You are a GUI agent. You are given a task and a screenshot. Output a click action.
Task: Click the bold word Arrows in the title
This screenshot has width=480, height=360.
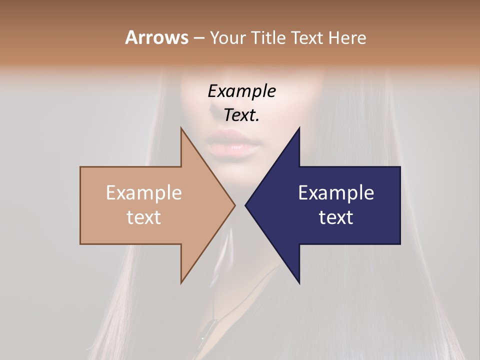click(156, 37)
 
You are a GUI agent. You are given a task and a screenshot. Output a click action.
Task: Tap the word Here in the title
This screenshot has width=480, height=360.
click(347, 37)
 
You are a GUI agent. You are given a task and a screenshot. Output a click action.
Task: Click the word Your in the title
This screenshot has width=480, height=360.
click(226, 38)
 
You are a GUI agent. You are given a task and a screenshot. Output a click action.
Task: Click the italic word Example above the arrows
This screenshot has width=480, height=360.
click(241, 91)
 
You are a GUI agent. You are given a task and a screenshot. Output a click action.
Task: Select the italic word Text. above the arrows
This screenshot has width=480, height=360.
click(241, 115)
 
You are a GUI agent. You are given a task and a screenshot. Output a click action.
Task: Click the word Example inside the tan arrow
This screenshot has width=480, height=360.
click(144, 192)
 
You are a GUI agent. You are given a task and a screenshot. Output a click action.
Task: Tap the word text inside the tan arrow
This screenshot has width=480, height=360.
click(144, 217)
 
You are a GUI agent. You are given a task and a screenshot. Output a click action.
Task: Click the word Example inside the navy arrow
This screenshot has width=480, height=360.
click(336, 192)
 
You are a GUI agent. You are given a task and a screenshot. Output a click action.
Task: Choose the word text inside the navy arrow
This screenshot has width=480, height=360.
click(336, 217)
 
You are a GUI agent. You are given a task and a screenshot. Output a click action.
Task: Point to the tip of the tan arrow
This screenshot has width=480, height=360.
click(235, 205)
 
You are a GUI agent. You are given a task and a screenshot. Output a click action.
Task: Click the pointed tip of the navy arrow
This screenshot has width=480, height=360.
click(245, 205)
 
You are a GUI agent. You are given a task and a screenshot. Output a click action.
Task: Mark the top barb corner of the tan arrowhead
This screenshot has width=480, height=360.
click(181, 127)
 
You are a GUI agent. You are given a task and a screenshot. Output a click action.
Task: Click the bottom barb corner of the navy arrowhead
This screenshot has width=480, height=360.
click(299, 283)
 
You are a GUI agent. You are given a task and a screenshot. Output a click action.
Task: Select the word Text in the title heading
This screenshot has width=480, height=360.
click(307, 37)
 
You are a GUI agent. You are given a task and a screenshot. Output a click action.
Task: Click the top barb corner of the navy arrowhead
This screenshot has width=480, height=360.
click(299, 127)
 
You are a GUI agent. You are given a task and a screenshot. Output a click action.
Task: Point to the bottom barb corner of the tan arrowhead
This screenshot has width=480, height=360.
click(181, 283)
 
